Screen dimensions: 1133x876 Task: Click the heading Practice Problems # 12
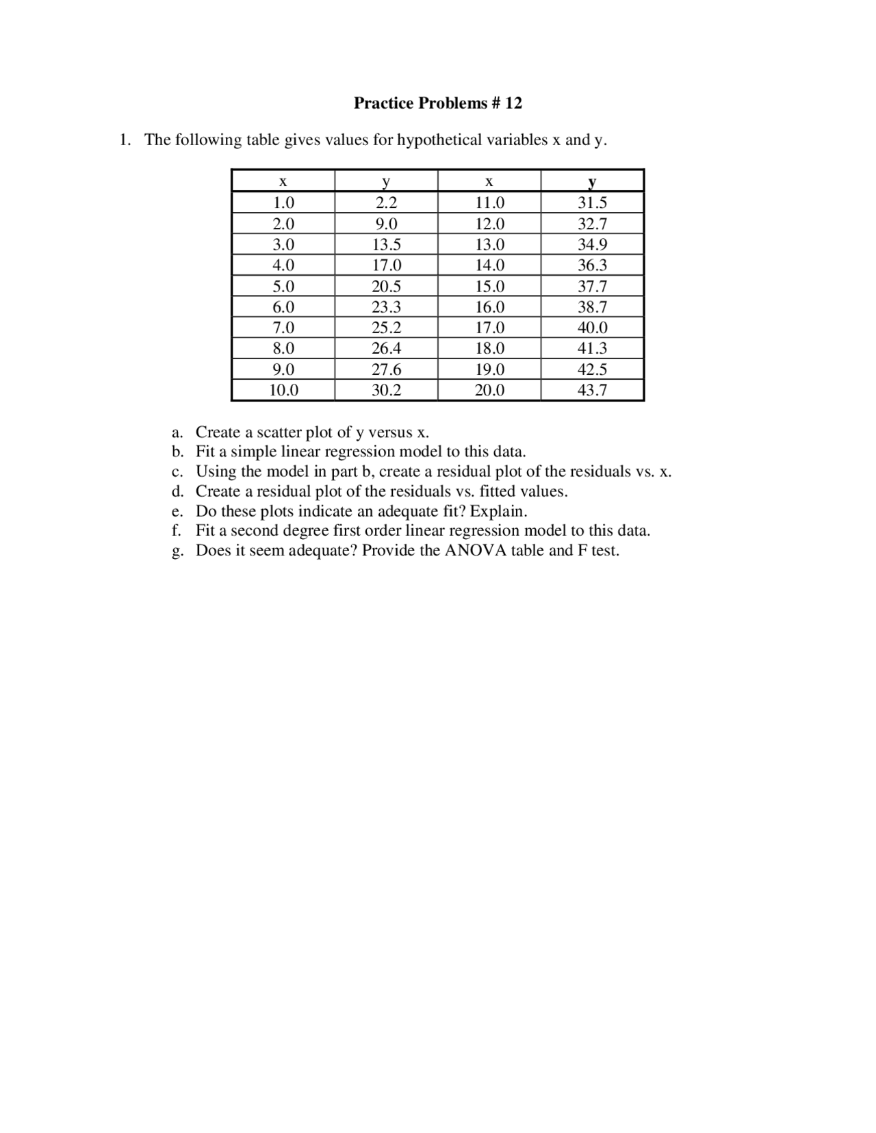[x=437, y=103]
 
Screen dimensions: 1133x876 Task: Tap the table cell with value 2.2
[x=386, y=203]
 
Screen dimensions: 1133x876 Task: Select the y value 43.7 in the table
[x=592, y=391]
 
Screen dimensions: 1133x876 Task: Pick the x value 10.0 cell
[x=283, y=391]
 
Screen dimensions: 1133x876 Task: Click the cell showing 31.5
[x=592, y=203]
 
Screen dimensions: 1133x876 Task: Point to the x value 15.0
[x=489, y=287]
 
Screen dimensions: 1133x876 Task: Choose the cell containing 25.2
[x=386, y=328]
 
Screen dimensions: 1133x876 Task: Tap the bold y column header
[x=592, y=182]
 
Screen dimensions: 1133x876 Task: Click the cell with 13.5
[x=386, y=245]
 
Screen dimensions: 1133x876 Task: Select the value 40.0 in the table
[x=592, y=328]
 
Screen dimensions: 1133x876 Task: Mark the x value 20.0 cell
[x=489, y=391]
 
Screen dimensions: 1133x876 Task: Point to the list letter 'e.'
[x=178, y=512]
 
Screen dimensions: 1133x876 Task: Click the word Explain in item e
[x=498, y=512]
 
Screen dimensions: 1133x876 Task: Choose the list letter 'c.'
[x=178, y=472]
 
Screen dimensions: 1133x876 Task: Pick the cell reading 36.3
[x=592, y=265]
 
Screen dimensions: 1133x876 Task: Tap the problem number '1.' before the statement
[x=125, y=140]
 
